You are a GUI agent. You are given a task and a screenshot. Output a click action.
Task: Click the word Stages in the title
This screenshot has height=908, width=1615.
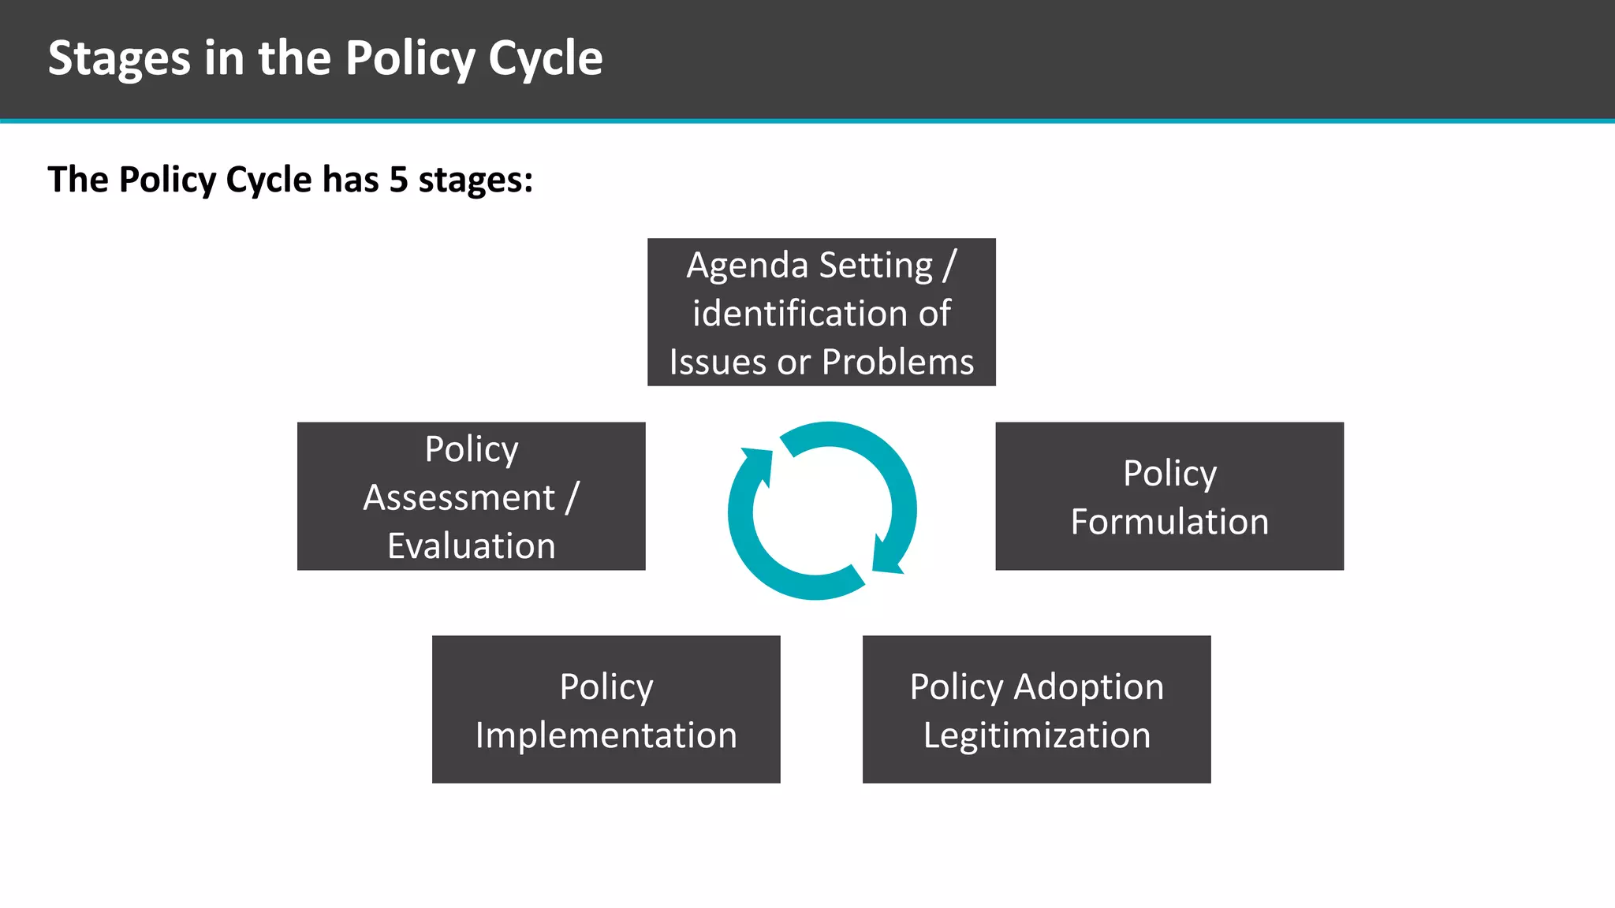(119, 59)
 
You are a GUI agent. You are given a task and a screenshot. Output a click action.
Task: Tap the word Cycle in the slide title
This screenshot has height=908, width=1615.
(545, 59)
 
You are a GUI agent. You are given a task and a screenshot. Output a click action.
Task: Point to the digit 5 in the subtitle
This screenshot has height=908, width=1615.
(399, 180)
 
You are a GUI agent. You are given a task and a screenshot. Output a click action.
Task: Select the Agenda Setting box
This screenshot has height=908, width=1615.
(821, 312)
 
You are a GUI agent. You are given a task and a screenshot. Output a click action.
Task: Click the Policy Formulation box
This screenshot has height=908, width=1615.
(1169, 497)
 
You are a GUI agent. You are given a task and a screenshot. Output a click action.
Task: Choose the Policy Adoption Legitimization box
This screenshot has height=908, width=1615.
(1036, 709)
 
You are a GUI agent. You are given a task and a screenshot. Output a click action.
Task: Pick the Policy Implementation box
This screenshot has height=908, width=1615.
(606, 709)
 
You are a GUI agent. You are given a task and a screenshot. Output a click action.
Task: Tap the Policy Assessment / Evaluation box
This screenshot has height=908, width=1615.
(471, 497)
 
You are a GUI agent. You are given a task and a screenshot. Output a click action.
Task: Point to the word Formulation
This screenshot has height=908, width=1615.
(1169, 522)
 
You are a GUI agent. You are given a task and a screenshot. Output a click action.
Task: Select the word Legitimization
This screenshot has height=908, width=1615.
(1037, 735)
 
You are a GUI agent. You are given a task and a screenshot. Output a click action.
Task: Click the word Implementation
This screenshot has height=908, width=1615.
(606, 735)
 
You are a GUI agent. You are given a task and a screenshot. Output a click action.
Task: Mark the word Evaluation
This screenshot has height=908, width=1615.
(471, 546)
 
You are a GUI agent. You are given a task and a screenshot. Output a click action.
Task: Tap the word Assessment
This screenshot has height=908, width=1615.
(459, 497)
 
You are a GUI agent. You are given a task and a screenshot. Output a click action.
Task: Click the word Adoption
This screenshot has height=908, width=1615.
(1088, 687)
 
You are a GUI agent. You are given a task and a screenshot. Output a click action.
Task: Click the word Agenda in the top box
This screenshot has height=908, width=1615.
(736, 265)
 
